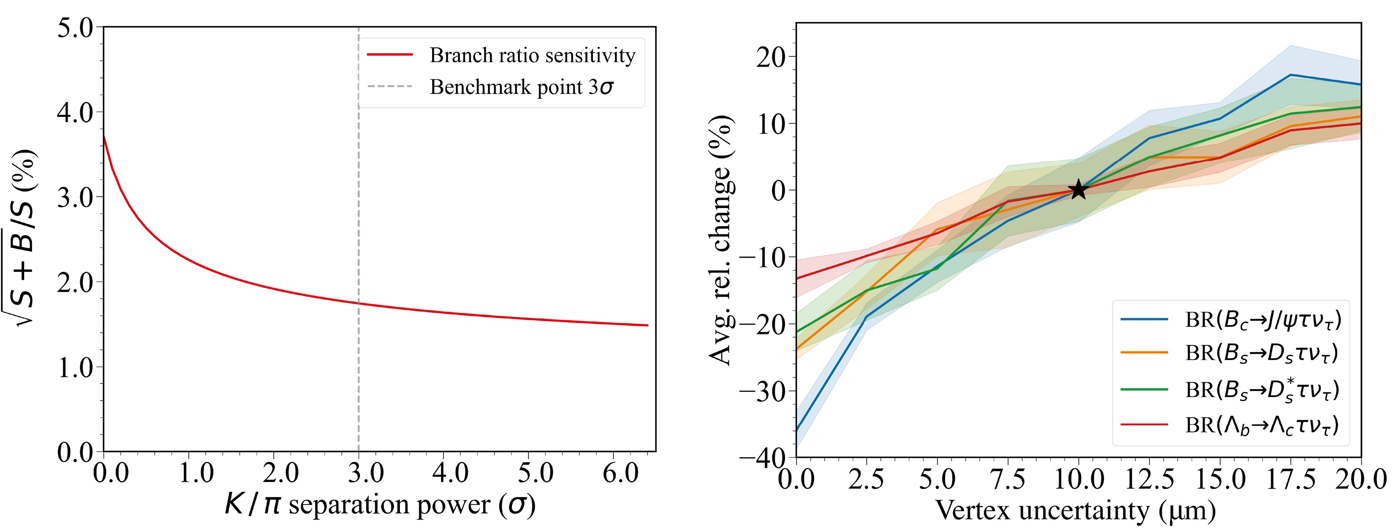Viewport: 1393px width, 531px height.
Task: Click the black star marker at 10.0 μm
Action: click(1078, 190)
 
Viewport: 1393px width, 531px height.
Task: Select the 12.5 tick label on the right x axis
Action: click(1149, 479)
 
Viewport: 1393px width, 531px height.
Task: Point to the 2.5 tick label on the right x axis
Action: click(866, 479)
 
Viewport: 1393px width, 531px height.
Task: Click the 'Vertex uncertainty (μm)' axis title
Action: click(1076, 510)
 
